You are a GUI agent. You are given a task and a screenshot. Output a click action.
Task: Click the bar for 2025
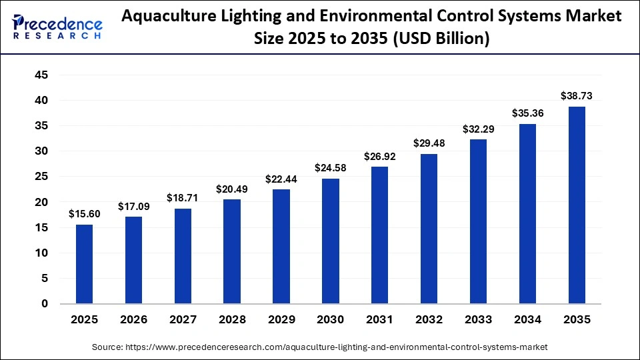[84, 264]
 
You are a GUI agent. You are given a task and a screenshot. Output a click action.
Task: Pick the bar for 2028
[232, 251]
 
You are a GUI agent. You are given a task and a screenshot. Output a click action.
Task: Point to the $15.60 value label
[84, 214]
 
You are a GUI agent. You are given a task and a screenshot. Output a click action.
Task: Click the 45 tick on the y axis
[41, 75]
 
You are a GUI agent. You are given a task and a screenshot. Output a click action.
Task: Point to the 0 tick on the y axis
[45, 304]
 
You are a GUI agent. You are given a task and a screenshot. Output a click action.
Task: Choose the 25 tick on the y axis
[41, 177]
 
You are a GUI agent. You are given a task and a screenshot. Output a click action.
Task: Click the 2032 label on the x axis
[429, 320]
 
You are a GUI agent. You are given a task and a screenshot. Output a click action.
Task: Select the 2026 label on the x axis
[133, 320]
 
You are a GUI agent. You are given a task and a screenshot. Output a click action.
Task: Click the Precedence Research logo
[57, 25]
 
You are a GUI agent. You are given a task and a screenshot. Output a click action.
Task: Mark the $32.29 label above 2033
[478, 129]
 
